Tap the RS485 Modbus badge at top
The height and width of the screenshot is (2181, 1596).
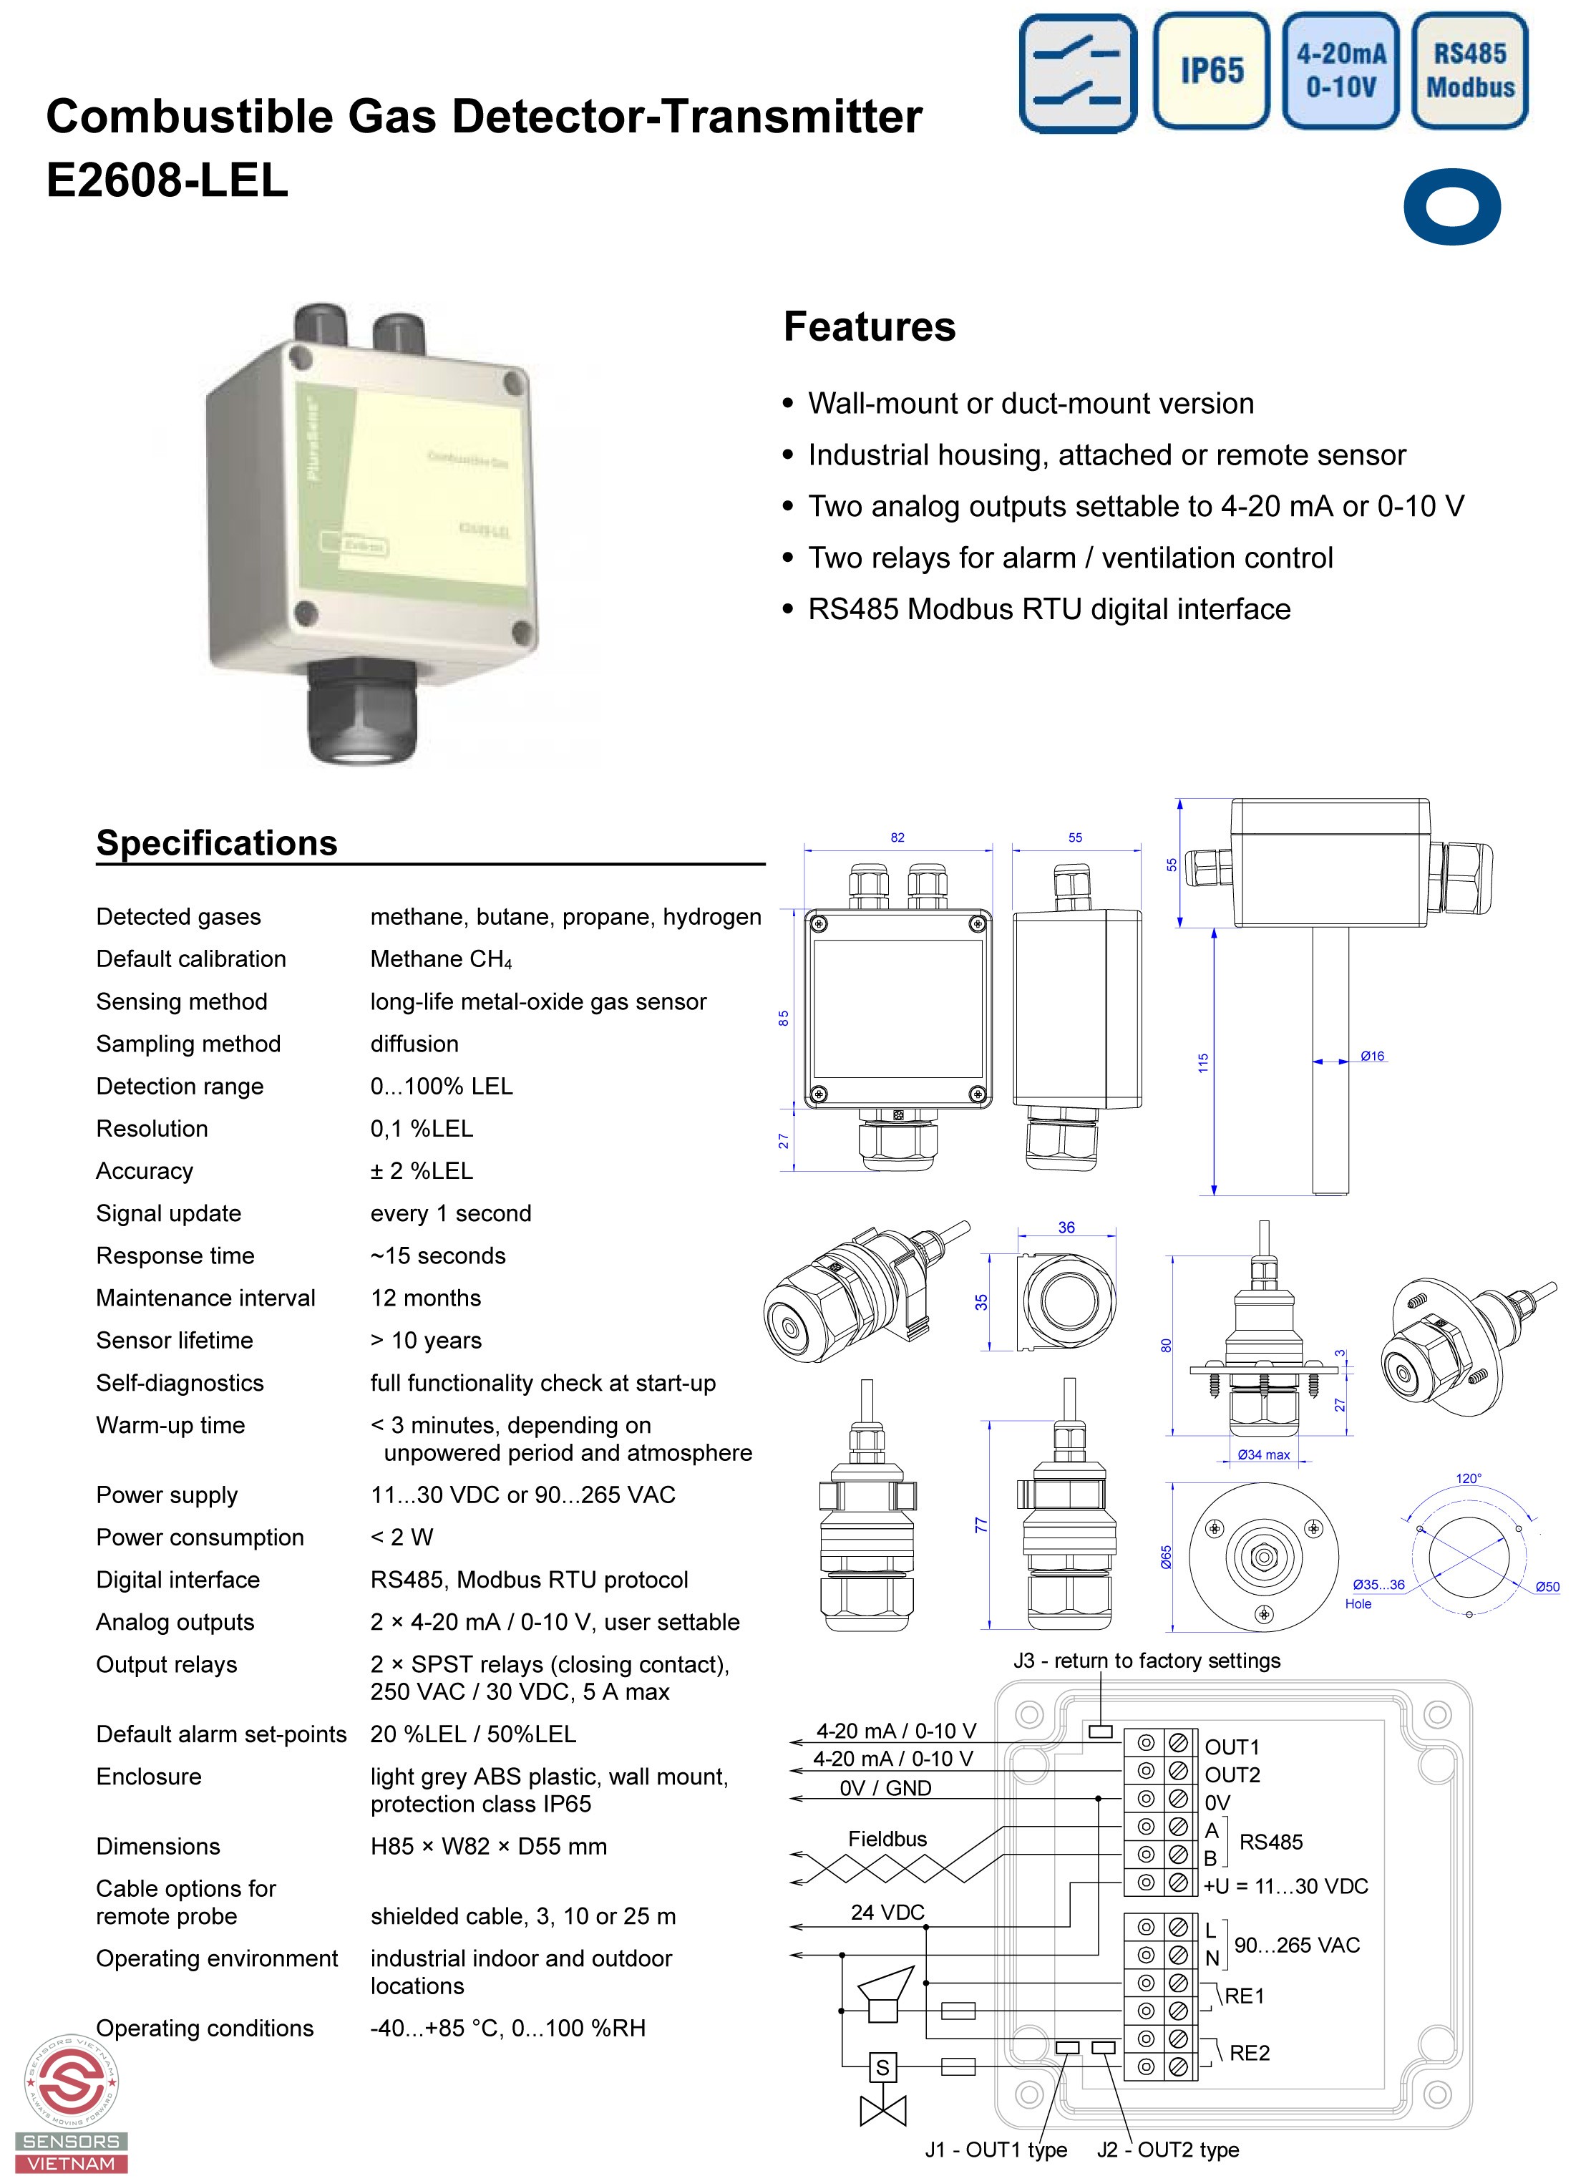click(x=1469, y=71)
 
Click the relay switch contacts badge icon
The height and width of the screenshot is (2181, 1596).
click(x=1077, y=72)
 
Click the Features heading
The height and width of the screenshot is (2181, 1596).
click(x=869, y=326)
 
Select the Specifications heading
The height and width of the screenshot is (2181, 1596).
click(x=216, y=842)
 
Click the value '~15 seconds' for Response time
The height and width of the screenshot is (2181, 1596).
click(x=437, y=1255)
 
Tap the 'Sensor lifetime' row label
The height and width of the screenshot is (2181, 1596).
click(x=174, y=1340)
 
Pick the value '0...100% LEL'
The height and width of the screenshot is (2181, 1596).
click(x=442, y=1086)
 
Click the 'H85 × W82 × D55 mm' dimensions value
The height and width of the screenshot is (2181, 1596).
click(x=488, y=1847)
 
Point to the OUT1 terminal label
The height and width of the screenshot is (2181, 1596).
click(x=1232, y=1747)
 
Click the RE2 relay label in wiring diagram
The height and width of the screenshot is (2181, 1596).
click(x=1249, y=2052)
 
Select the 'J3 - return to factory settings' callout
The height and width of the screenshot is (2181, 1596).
click(x=1147, y=1660)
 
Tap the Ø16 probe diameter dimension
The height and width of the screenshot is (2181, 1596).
click(x=1372, y=1057)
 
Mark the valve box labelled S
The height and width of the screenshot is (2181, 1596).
click(x=882, y=2068)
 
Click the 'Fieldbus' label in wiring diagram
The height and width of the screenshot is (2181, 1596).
click(x=887, y=1839)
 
